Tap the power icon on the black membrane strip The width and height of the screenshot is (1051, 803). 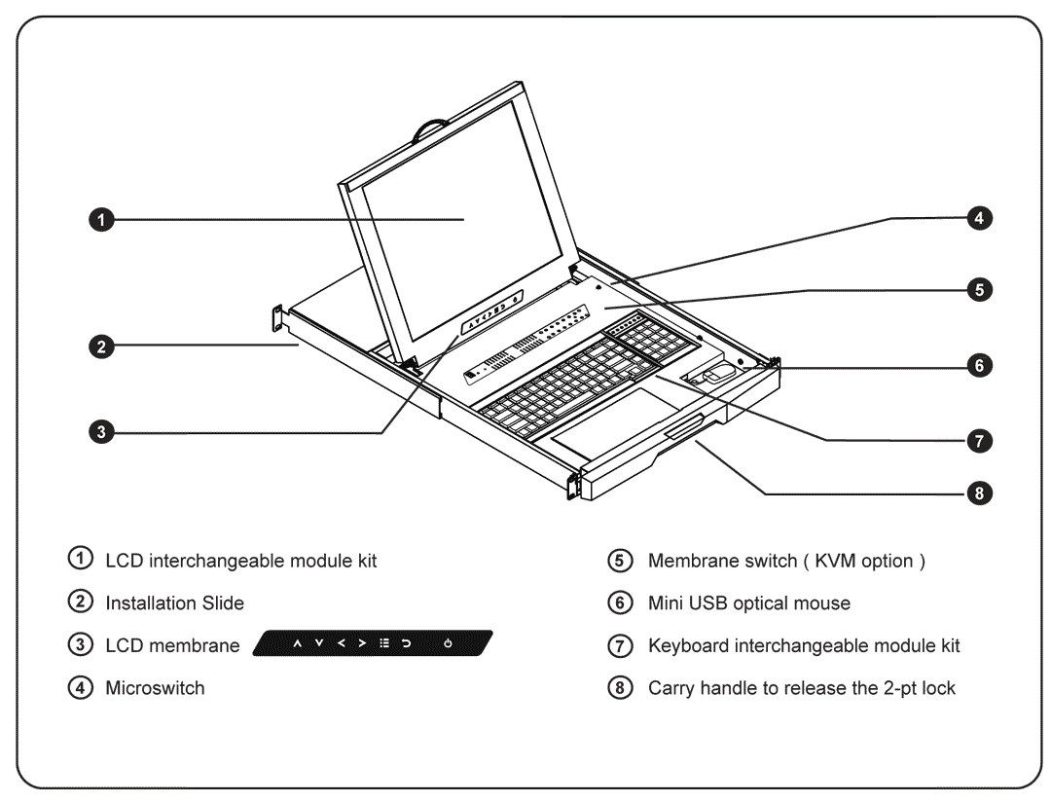447,645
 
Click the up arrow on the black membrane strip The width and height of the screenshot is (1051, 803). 295,645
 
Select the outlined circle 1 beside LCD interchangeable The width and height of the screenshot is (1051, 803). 83,562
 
